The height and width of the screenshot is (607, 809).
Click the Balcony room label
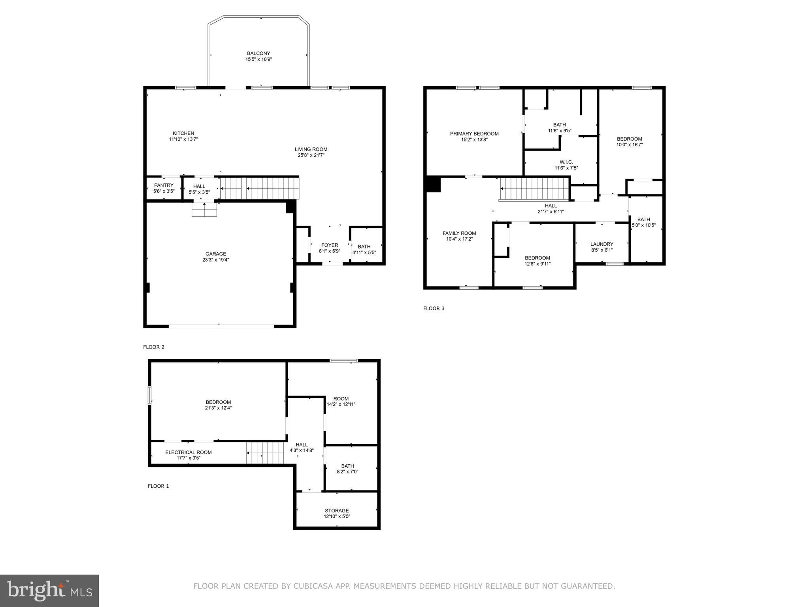(x=258, y=53)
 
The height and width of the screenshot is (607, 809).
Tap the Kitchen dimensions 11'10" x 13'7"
(x=183, y=139)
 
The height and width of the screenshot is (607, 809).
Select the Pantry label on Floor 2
(x=164, y=185)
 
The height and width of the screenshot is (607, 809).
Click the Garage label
(x=215, y=254)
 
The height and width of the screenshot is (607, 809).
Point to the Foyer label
(x=329, y=245)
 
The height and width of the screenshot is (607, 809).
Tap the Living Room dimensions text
(x=311, y=155)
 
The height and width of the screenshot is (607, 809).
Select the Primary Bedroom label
(x=474, y=134)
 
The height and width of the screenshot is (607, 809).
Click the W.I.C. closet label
(x=566, y=162)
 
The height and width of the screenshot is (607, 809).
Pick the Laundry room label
(x=602, y=244)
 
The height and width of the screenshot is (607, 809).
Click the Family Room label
(x=459, y=233)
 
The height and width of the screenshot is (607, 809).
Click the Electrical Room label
(x=188, y=452)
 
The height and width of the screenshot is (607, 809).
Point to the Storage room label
(x=337, y=511)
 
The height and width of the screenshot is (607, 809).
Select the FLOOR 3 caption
(x=434, y=308)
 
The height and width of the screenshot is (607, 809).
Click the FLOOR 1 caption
(x=158, y=486)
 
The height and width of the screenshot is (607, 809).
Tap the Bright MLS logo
(x=49, y=590)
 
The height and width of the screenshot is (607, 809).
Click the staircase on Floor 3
(x=534, y=189)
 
